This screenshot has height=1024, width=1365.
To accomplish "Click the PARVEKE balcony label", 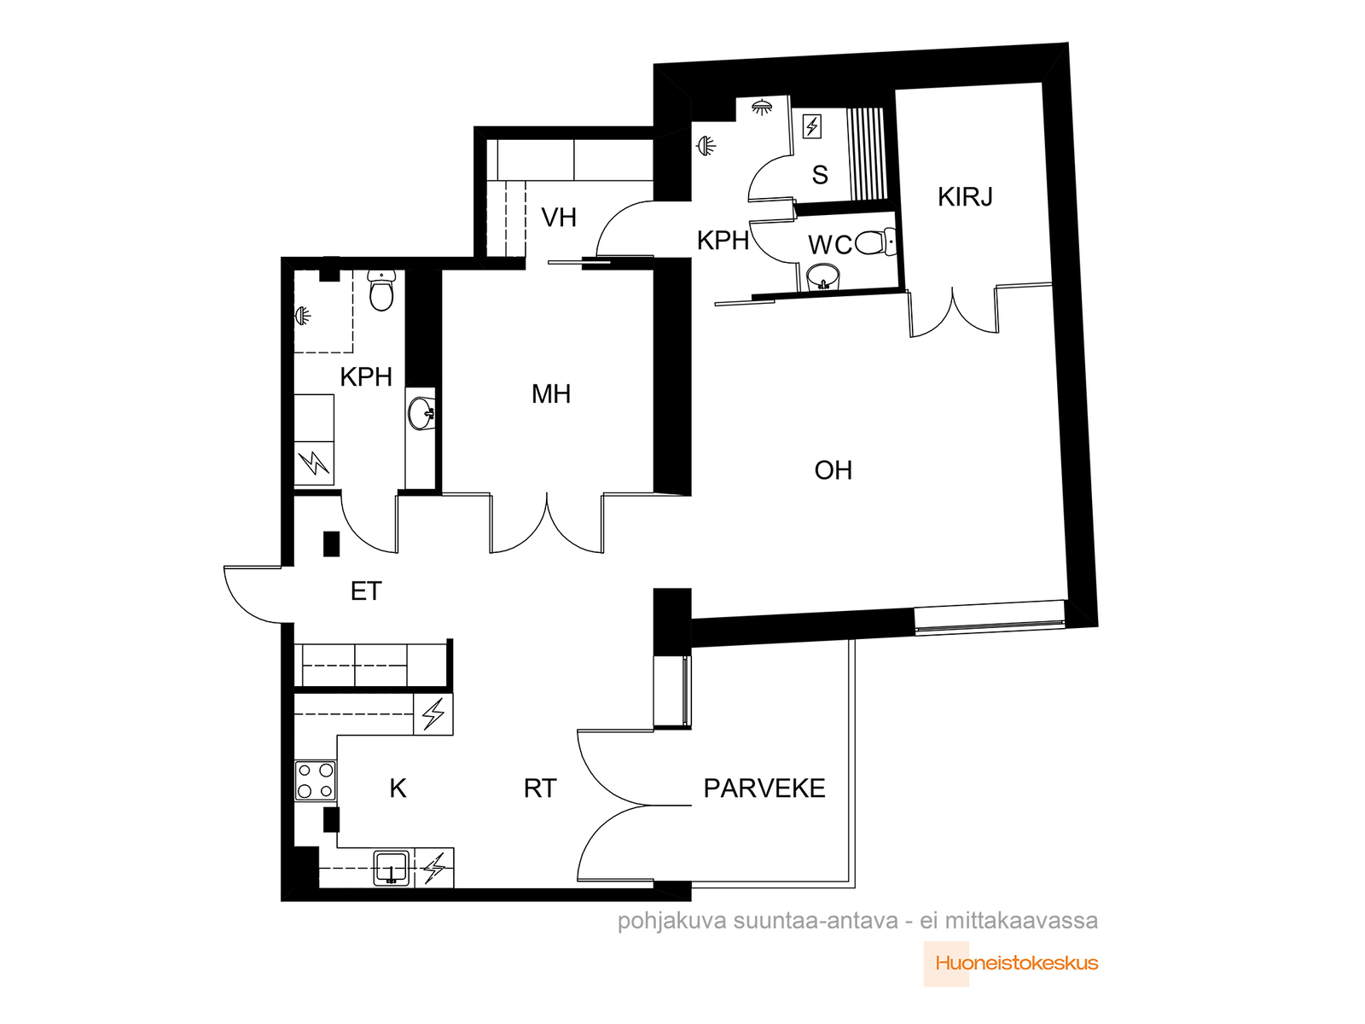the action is click(764, 788).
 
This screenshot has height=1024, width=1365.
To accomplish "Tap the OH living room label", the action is click(833, 470).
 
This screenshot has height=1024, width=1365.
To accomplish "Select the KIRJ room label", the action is click(965, 196).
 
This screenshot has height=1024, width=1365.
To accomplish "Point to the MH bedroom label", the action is click(550, 393).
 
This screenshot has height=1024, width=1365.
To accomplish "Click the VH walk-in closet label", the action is click(559, 218).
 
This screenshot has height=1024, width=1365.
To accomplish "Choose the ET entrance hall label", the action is click(366, 591).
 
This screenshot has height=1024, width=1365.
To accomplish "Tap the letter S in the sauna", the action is click(820, 175).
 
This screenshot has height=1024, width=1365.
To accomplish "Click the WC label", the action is click(829, 245).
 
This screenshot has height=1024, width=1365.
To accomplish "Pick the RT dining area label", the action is click(539, 788).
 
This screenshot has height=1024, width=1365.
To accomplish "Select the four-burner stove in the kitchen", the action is click(316, 780).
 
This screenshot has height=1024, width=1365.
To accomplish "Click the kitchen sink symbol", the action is click(391, 868).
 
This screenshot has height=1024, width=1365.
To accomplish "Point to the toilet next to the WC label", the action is click(875, 241).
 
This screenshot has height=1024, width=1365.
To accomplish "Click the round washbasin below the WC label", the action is click(822, 277).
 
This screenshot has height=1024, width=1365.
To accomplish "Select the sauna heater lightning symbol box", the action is click(812, 126).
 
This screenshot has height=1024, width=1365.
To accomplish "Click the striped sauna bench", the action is click(867, 154).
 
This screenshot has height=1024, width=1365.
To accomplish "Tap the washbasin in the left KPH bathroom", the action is click(421, 413).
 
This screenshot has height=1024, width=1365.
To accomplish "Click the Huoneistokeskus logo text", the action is click(1017, 963).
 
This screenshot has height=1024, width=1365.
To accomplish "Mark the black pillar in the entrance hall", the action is click(331, 544).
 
